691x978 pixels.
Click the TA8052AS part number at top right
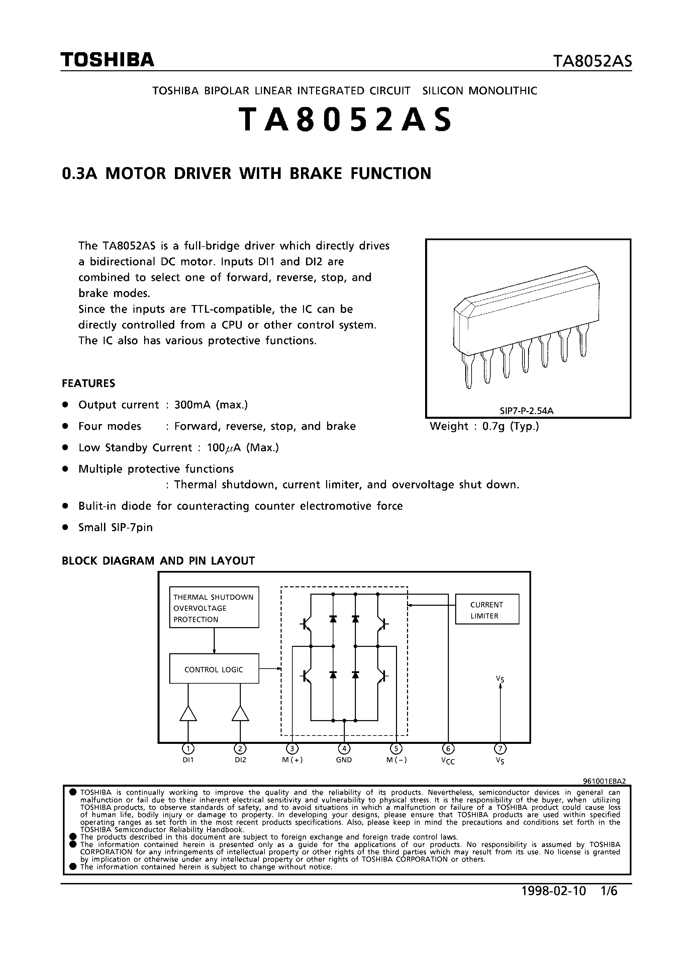pyautogui.click(x=592, y=62)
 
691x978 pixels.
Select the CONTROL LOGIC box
pyautogui.click(x=214, y=670)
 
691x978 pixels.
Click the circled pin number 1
pyautogui.click(x=188, y=749)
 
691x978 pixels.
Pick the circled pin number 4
pyautogui.click(x=344, y=749)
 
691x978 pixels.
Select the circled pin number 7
pyautogui.click(x=500, y=749)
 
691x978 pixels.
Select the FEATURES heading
pyautogui.click(x=89, y=383)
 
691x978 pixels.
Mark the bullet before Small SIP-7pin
pyautogui.click(x=65, y=527)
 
